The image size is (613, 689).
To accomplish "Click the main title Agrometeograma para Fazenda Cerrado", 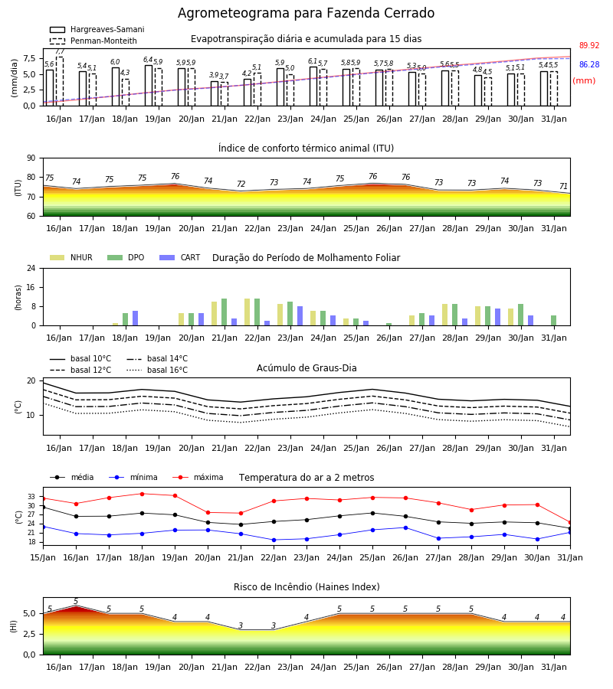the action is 306,13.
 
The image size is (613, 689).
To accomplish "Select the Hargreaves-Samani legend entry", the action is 97,29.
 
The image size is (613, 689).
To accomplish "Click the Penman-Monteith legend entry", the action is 93,41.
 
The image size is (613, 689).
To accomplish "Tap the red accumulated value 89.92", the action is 589,46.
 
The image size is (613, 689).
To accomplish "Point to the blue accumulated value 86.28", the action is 589,64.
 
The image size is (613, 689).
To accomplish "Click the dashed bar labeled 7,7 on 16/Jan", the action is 59,81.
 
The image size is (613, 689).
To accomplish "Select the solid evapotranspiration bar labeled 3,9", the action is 215,93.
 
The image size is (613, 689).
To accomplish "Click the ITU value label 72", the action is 241,184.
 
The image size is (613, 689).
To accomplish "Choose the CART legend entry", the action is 180,257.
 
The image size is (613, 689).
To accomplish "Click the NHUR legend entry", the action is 71,257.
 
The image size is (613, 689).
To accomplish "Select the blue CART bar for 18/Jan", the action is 136,318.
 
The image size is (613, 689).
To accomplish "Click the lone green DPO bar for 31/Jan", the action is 554,321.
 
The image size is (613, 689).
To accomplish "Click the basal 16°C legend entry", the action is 157,370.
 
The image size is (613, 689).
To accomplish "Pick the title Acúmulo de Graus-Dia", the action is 306,368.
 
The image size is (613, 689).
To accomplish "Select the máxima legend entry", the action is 198,477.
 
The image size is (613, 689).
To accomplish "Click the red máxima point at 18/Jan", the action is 142,494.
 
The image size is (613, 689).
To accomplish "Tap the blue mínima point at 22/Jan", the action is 274,540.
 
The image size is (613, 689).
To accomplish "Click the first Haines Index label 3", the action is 241,625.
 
